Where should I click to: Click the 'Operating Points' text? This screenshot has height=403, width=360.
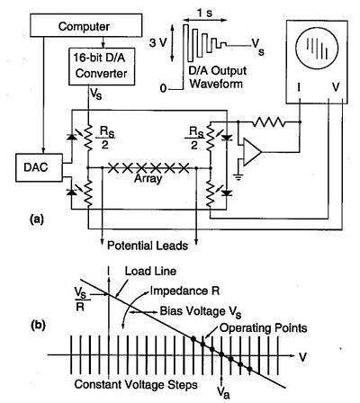pyautogui.click(x=247, y=327)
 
